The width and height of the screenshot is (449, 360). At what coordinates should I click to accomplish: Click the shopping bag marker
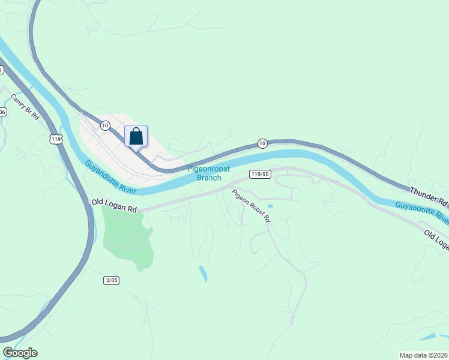click(x=136, y=136)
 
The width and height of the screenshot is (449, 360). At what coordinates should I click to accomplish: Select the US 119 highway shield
click(x=56, y=139)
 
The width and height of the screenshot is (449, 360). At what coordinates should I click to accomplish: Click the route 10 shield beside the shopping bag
click(x=105, y=125)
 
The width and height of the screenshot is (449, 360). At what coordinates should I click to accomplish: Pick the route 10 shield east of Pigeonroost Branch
click(x=262, y=143)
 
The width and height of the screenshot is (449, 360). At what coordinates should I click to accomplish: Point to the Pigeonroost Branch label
click(x=209, y=173)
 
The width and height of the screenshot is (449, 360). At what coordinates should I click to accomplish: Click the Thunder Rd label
click(x=429, y=196)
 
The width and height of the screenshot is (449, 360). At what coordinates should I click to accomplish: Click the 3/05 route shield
click(x=111, y=280)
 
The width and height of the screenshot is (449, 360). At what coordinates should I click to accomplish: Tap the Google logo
click(x=20, y=353)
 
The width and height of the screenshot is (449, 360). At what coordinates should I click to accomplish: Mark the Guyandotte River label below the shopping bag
click(x=110, y=177)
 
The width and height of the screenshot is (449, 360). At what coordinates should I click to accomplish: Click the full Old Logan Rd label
click(x=114, y=206)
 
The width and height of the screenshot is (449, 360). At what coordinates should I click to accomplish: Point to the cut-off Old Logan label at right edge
click(x=436, y=239)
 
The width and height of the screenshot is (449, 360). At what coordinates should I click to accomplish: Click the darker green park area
click(x=127, y=238)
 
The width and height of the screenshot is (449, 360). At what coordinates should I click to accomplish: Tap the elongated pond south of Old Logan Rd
click(x=203, y=273)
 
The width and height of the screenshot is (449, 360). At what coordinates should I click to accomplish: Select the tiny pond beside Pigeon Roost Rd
click(x=270, y=206)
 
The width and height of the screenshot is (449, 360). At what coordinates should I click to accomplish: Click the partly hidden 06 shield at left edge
click(x=2, y=112)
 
